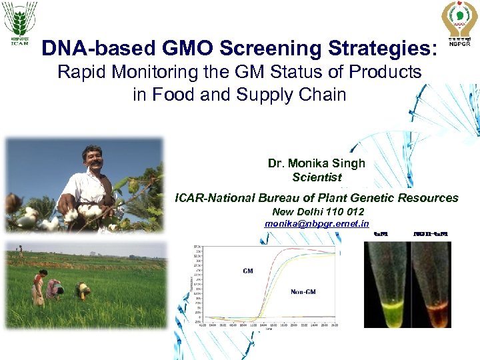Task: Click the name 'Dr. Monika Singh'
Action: point(316,163)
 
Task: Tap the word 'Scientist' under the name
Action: point(316,177)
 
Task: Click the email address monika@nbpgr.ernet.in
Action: point(316,224)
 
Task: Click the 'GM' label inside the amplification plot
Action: point(247,271)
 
